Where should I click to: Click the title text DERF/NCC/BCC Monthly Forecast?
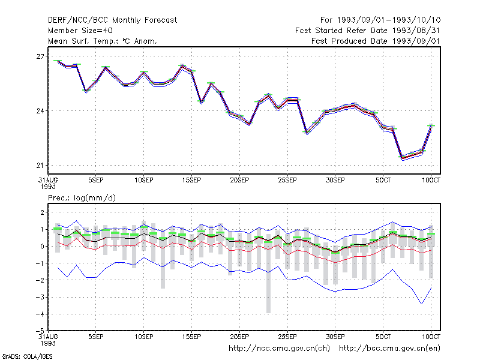112,20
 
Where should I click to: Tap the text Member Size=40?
80,31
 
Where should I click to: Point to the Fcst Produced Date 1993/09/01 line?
376,41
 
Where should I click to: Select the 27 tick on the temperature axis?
40,56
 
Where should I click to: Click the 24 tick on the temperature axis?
40,111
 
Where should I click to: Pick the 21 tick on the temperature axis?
40,166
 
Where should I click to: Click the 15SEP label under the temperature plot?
191,180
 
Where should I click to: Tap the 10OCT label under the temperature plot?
431,180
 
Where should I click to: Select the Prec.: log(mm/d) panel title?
82,198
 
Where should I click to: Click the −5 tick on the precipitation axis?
40,331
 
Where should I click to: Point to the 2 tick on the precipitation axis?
42,212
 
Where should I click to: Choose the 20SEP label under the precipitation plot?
239,337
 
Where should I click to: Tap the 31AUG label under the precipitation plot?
48,337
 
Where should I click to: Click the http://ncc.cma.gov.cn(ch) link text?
279,349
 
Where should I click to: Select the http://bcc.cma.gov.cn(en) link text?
389,349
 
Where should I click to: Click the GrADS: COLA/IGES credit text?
27,356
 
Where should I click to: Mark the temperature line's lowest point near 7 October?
402,158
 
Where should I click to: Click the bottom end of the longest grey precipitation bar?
268,313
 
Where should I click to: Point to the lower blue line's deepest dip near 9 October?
422,304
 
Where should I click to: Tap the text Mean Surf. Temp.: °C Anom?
103,41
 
